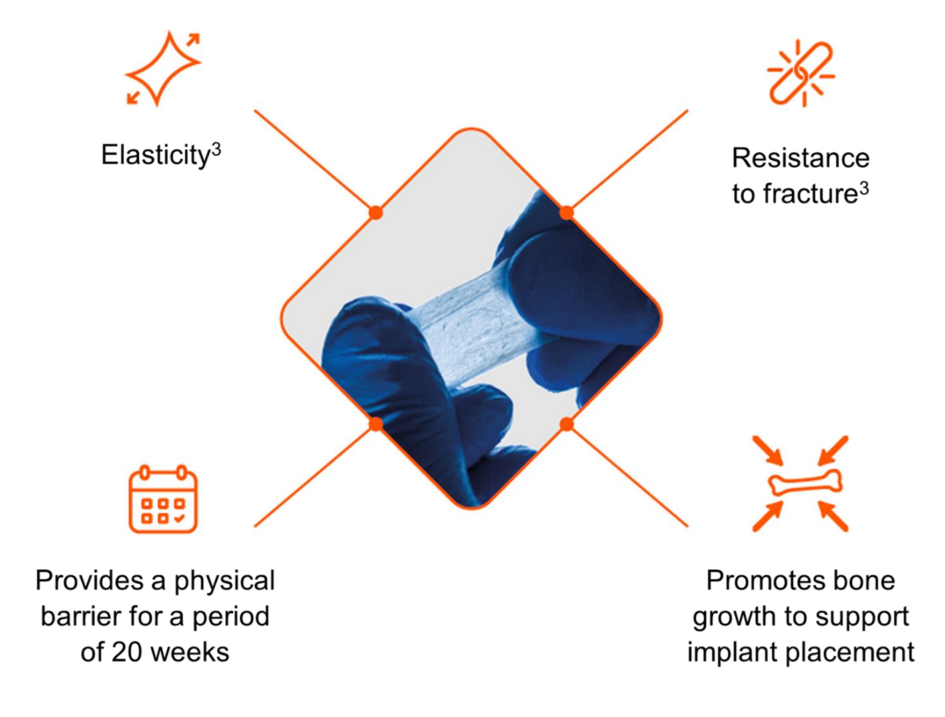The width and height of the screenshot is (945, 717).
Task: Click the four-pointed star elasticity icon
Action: [x=163, y=69]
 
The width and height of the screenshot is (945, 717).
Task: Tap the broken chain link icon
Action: [x=801, y=74]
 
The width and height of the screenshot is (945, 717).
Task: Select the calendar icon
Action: [x=163, y=499]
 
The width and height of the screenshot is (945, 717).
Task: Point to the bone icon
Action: [x=805, y=482]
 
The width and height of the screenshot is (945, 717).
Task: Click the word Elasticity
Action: [x=155, y=155]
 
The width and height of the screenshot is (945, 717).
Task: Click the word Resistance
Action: [x=800, y=158]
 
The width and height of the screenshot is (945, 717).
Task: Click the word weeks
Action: [x=191, y=652]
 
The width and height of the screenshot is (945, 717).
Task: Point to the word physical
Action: [x=225, y=581]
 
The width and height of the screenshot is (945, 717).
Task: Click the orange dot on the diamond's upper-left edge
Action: [x=376, y=212]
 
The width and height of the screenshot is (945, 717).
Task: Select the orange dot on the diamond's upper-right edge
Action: [x=566, y=212]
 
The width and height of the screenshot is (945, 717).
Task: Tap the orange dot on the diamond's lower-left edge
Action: [x=376, y=424]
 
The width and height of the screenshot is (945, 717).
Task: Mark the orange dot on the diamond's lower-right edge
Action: [x=566, y=425]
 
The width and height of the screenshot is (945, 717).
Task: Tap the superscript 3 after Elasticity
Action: [x=216, y=149]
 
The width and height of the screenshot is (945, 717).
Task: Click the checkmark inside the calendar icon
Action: [x=179, y=518]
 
